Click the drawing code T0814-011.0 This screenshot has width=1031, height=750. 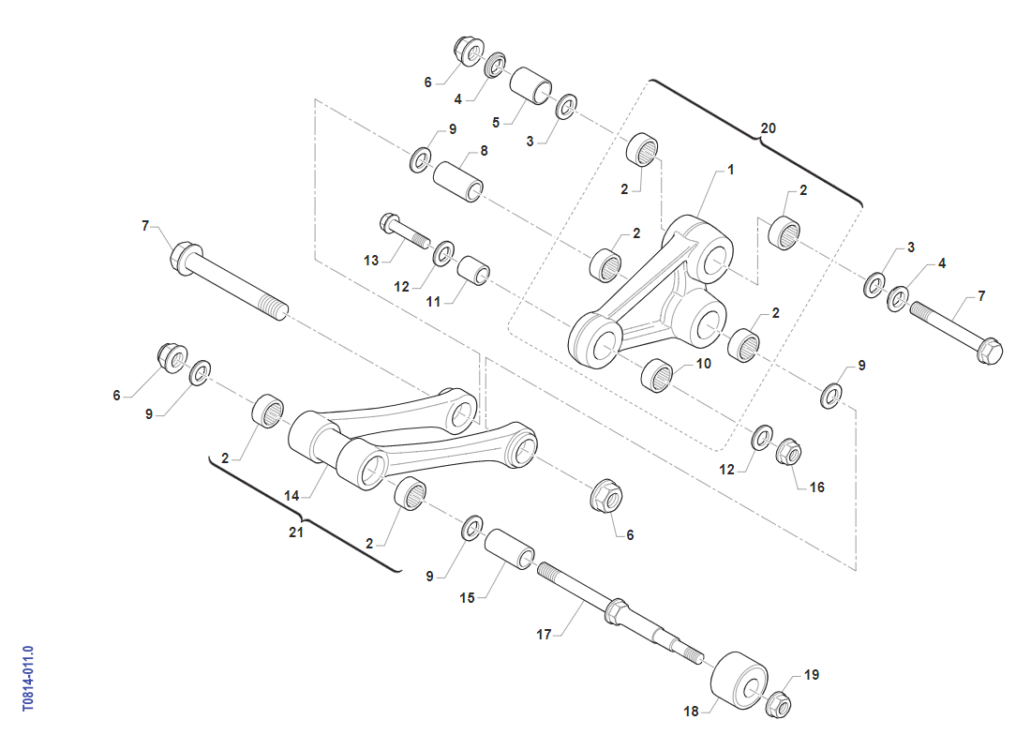click(27, 679)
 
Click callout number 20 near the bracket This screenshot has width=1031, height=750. click(768, 128)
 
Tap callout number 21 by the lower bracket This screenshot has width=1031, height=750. click(296, 532)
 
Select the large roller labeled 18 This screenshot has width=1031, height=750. click(740, 682)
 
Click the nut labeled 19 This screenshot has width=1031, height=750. click(779, 705)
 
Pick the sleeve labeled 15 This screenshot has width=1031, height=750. click(510, 548)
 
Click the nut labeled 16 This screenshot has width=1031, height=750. click(788, 452)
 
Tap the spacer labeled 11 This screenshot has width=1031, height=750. click(473, 270)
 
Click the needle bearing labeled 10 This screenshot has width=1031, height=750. click(657, 375)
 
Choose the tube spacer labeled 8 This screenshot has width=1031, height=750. click(458, 182)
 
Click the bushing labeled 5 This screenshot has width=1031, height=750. click(531, 85)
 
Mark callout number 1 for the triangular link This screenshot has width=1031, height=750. click(730, 170)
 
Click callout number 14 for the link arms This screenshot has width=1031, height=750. click(291, 495)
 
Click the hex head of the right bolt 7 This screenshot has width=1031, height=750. click(989, 350)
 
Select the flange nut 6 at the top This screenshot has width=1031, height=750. click(469, 52)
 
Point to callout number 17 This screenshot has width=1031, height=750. click(544, 634)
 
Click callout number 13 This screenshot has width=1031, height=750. click(371, 261)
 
